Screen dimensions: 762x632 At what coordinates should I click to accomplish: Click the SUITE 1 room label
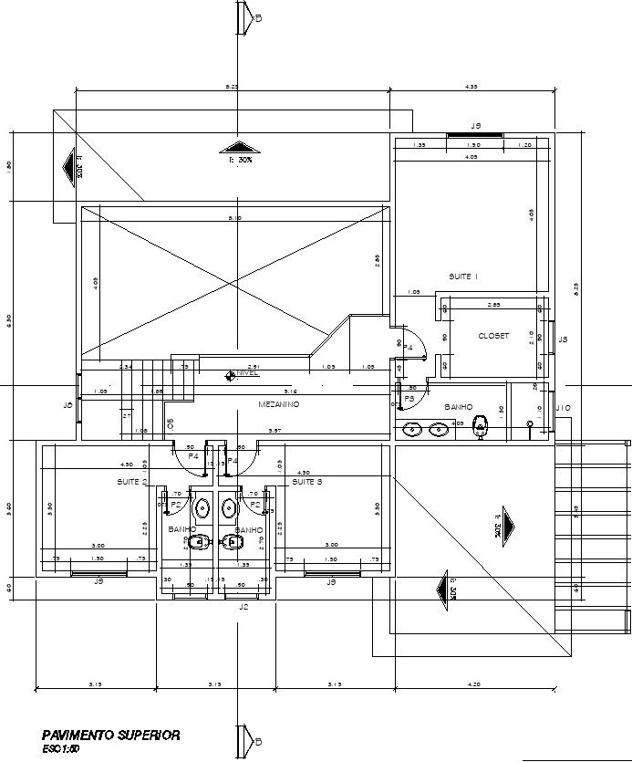[x=463, y=276]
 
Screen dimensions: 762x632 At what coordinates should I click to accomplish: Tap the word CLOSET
[x=493, y=336]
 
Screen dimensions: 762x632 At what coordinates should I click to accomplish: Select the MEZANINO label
[x=279, y=404]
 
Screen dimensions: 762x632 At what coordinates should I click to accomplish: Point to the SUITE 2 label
[x=132, y=481]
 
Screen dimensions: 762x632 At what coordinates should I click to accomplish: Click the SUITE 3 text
[x=307, y=481]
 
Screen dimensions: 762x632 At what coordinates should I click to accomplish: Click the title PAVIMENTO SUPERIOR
[x=110, y=735]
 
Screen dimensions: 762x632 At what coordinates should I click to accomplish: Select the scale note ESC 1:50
[x=61, y=748]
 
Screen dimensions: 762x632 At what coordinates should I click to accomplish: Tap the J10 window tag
[x=563, y=407]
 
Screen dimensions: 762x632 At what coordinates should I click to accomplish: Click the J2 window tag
[x=243, y=606]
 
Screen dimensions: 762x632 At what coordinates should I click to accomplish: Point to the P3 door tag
[x=409, y=399]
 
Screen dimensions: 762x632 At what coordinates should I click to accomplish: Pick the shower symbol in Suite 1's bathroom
[x=530, y=423]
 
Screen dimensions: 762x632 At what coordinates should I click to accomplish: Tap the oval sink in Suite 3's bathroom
[x=229, y=506]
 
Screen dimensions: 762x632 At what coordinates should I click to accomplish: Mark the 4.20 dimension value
[x=474, y=684]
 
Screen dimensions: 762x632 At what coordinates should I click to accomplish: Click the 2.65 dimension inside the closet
[x=493, y=304]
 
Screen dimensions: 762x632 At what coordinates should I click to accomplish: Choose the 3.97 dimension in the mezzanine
[x=274, y=430]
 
